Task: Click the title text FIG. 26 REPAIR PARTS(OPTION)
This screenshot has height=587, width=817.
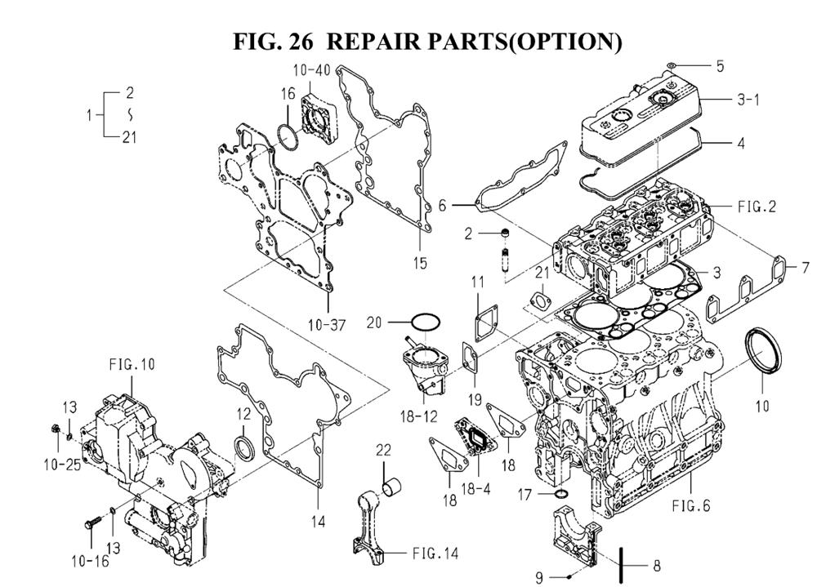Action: [427, 41]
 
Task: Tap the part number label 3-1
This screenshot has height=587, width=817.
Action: [748, 100]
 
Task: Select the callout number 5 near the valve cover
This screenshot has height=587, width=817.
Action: [720, 66]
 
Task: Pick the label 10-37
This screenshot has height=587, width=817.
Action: [328, 326]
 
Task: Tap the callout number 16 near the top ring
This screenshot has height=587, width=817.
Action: [288, 95]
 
